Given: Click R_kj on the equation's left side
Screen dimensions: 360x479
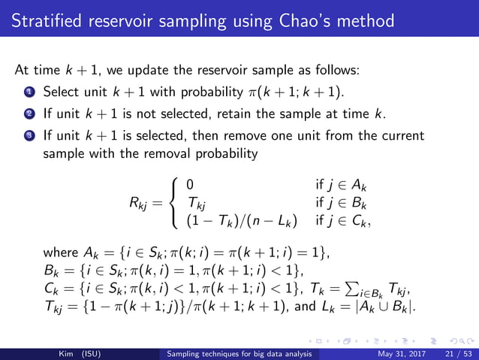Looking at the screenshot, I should coord(143,202).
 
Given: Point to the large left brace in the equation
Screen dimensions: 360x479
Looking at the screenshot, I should coord(175,202).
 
